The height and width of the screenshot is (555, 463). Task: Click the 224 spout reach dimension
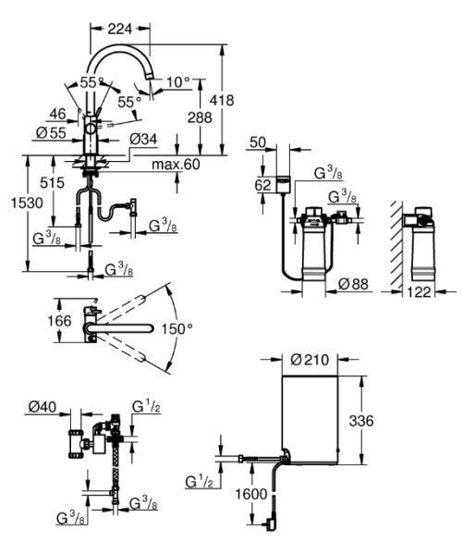(120, 29)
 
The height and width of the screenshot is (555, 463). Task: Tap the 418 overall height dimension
(222, 100)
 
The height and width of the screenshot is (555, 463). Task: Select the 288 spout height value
(200, 117)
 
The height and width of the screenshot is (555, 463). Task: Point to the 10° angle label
(178, 82)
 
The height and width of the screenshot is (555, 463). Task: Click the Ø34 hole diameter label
(143, 139)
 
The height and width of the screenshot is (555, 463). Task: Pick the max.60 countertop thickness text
(176, 165)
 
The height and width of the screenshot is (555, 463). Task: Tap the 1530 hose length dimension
(27, 203)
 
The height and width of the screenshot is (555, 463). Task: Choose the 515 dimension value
(53, 182)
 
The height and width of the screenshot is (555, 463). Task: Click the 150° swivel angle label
(177, 328)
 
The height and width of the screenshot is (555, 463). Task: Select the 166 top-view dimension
(59, 321)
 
